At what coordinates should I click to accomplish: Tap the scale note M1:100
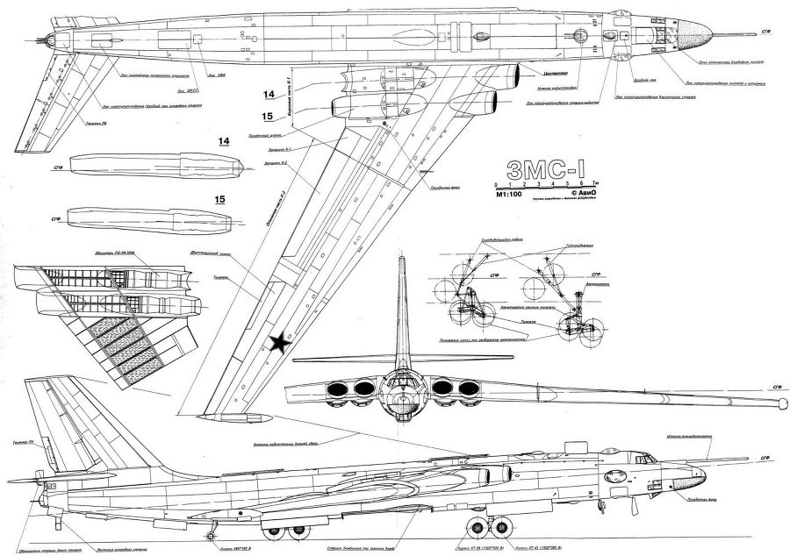pos(510,198)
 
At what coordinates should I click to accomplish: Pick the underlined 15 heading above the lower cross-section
pos(220,200)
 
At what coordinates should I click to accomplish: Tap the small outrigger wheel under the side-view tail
pos(212,535)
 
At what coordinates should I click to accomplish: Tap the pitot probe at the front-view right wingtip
pos(778,403)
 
